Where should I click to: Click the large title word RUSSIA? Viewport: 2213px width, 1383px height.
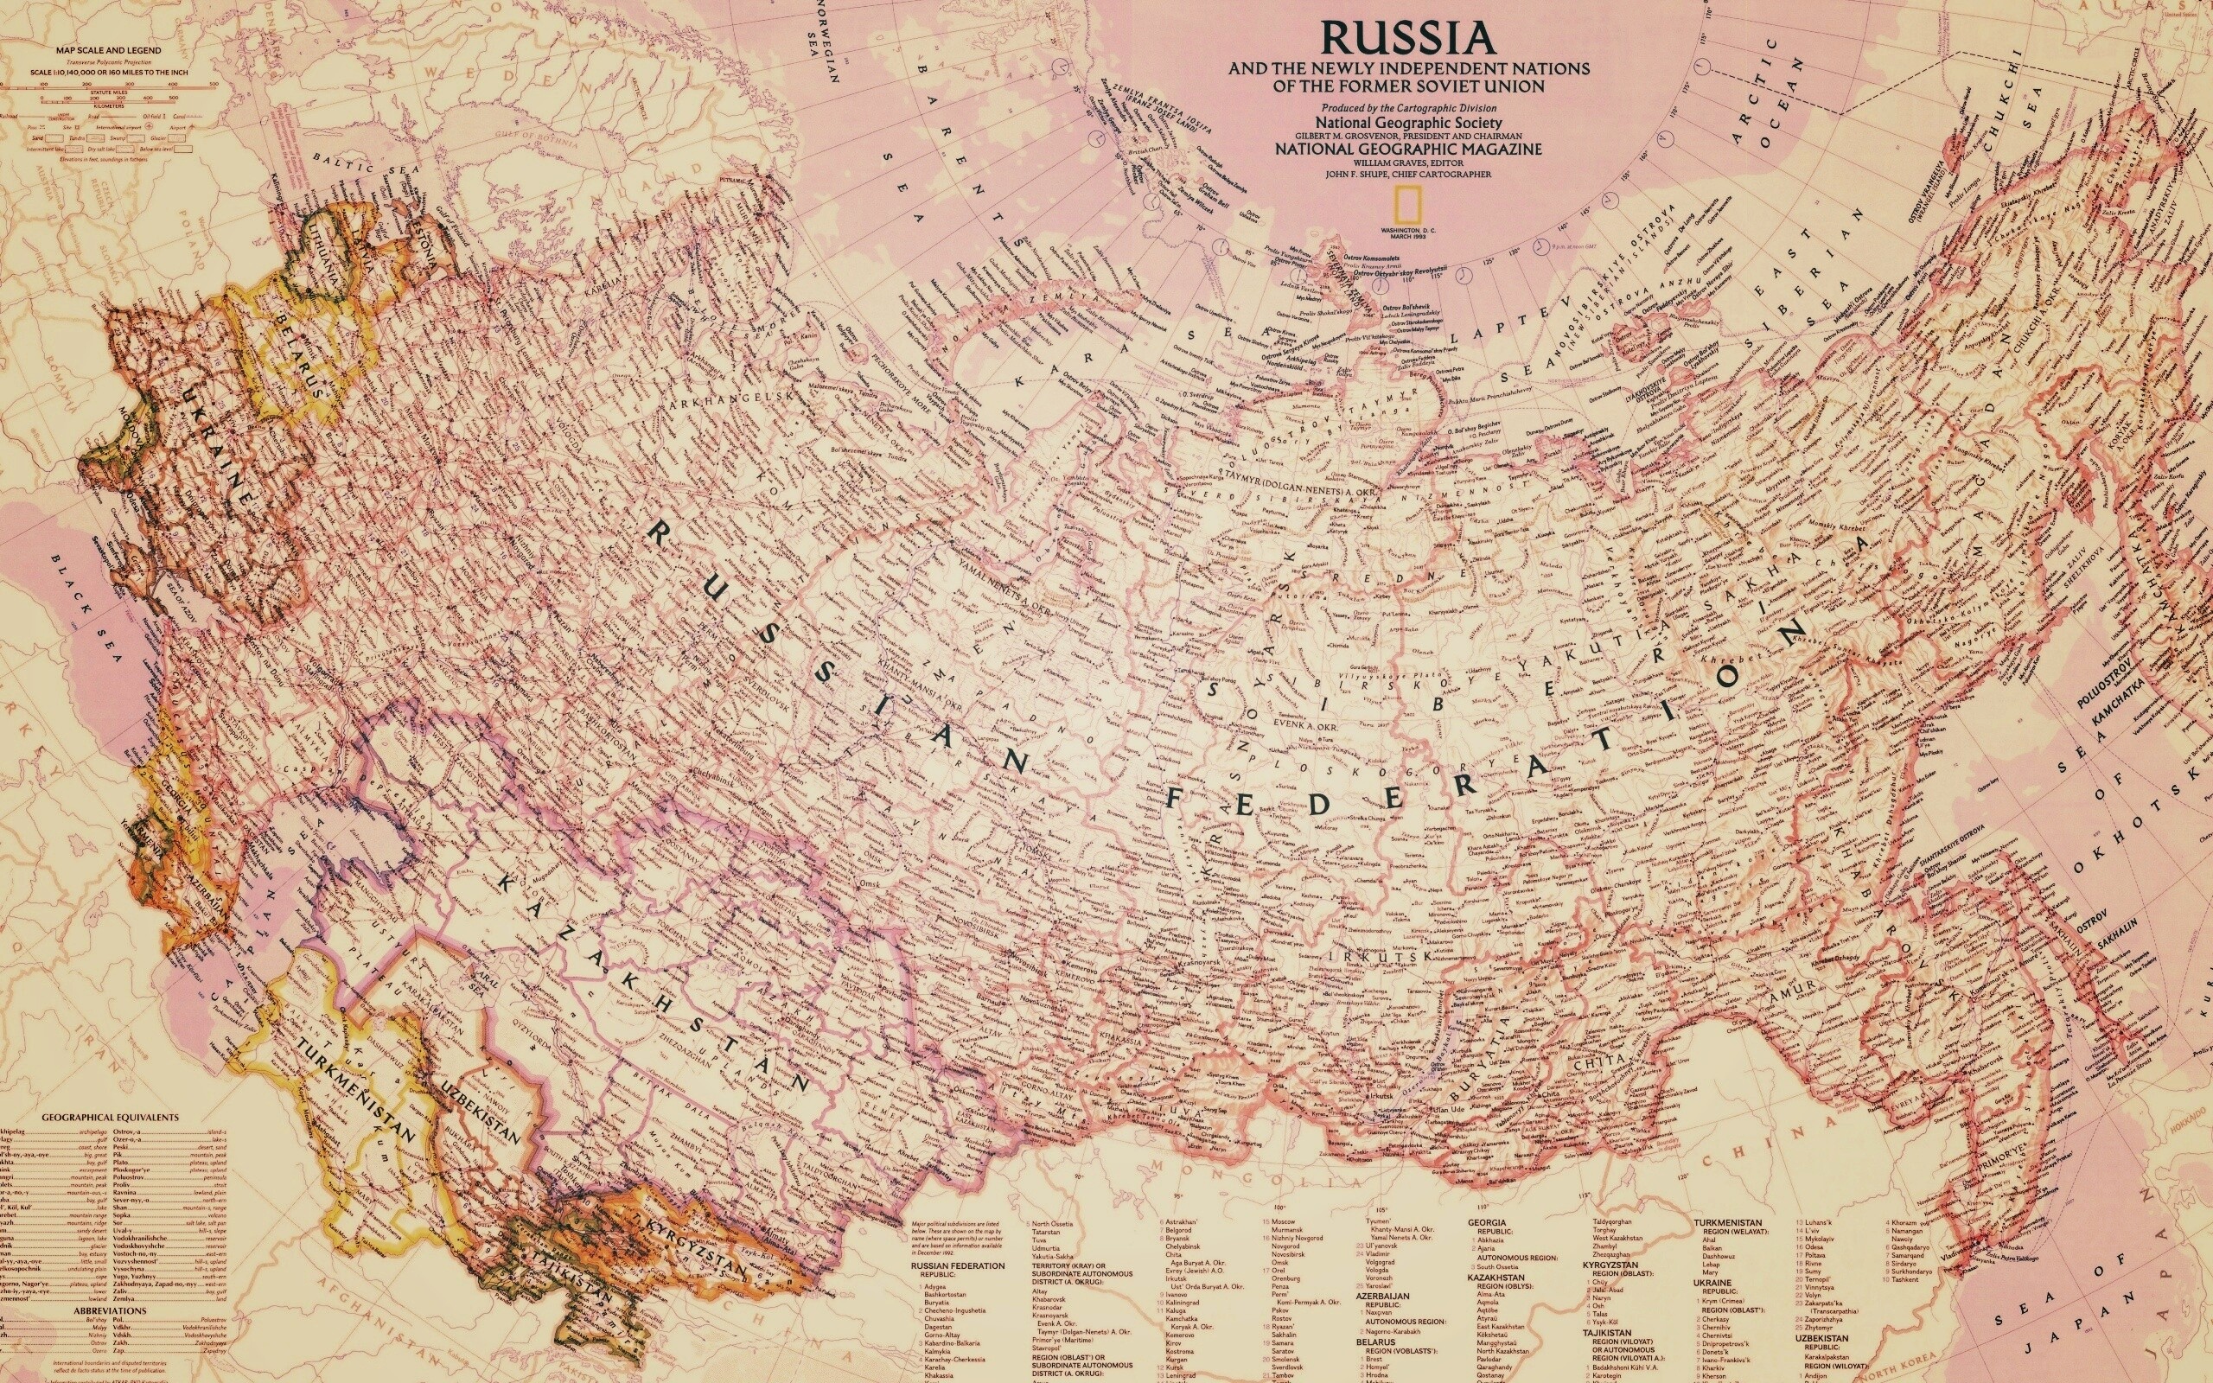pos(1407,38)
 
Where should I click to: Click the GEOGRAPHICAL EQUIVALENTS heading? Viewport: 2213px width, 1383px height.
pos(110,1117)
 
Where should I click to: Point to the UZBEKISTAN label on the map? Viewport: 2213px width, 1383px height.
pos(479,1112)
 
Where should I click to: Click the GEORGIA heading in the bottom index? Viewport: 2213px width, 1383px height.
pos(1487,1222)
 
